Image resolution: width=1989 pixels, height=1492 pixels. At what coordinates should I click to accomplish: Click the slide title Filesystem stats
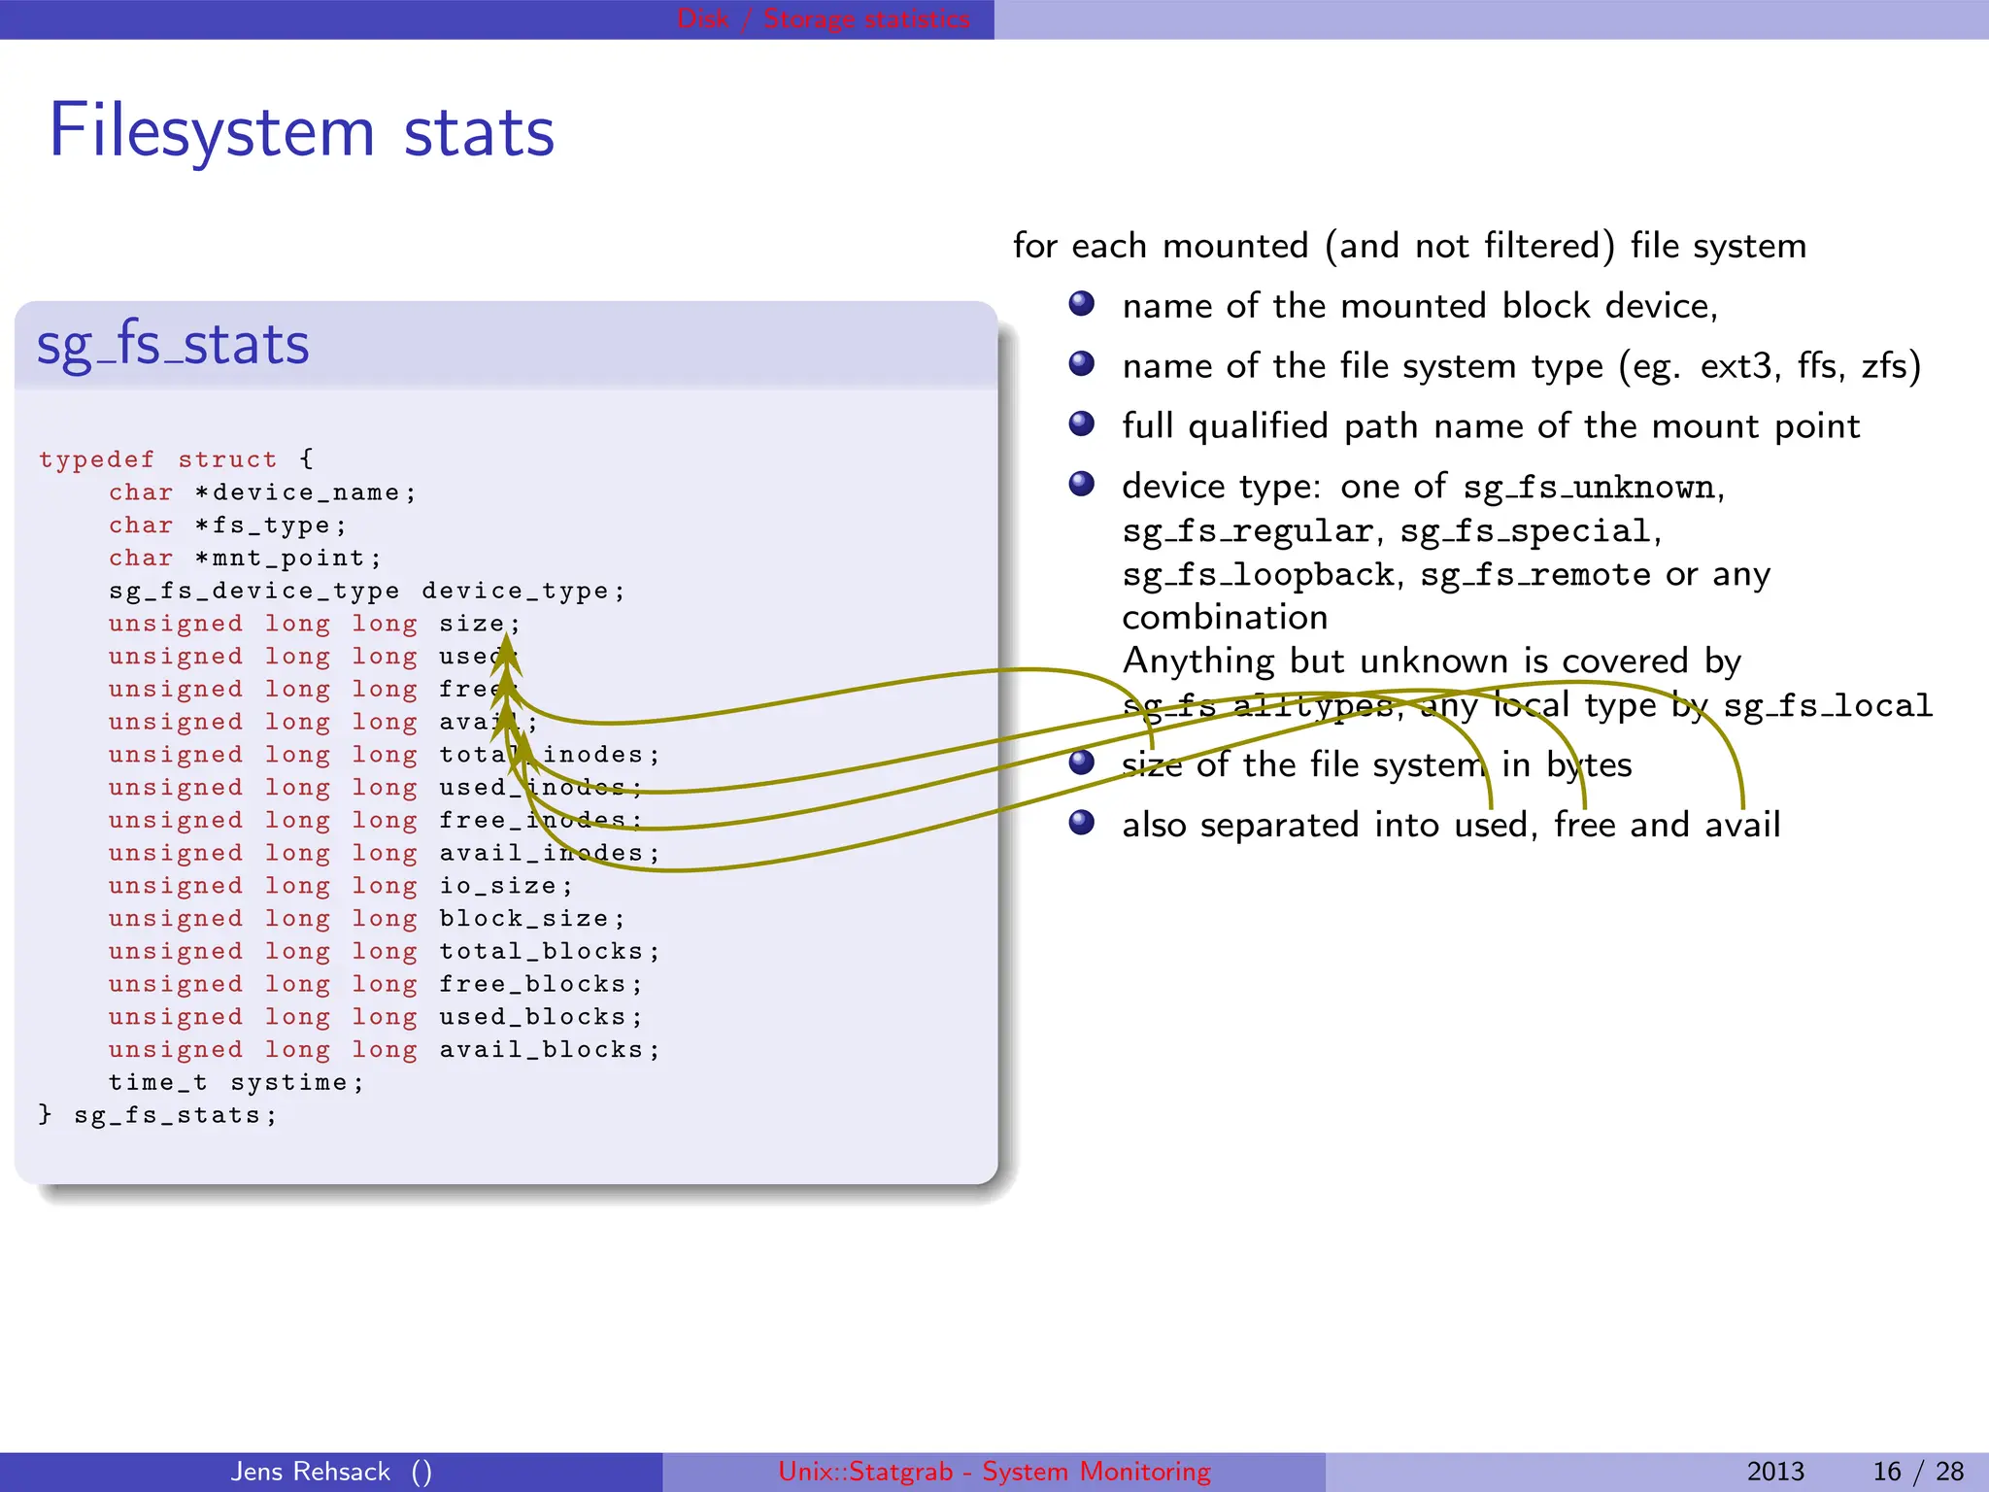[x=301, y=131]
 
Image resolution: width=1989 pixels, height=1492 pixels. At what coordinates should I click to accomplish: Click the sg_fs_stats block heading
[x=173, y=345]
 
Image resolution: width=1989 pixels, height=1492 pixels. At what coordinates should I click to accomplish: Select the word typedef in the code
[x=96, y=459]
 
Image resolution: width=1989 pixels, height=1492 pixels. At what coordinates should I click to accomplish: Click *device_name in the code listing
[x=305, y=492]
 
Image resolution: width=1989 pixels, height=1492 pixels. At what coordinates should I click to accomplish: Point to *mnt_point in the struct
[x=287, y=559]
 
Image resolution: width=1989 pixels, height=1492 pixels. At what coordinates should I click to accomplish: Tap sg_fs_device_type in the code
[x=253, y=592]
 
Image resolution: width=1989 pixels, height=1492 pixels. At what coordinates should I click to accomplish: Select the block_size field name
[x=523, y=919]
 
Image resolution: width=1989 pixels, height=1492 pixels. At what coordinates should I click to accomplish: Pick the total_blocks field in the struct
[x=541, y=952]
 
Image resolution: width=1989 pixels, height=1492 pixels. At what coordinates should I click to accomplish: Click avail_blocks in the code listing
[x=541, y=1050]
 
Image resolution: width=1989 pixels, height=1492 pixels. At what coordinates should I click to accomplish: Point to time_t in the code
[x=157, y=1083]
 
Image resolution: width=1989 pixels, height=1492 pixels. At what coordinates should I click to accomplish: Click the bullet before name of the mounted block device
[x=1081, y=305]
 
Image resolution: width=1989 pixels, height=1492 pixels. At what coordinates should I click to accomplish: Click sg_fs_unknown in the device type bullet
[x=1589, y=487]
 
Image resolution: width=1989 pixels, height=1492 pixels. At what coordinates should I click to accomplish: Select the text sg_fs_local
[x=1827, y=705]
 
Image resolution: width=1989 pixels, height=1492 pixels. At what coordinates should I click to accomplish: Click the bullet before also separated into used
[x=1081, y=824]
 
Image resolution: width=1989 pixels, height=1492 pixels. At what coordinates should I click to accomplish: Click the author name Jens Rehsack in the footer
[x=310, y=1472]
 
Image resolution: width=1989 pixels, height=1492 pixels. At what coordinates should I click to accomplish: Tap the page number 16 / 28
[x=1917, y=1472]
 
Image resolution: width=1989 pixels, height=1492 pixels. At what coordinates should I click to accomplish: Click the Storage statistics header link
[x=866, y=18]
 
